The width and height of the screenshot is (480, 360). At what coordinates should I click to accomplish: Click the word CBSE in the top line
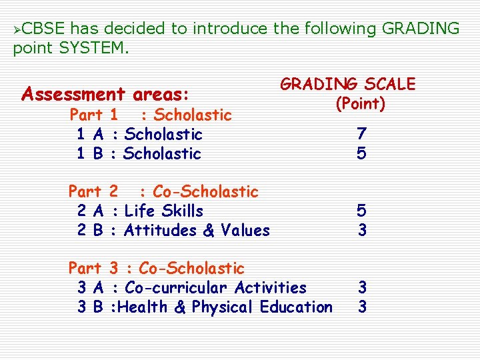45,29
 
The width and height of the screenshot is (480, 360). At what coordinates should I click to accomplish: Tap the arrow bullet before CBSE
18,29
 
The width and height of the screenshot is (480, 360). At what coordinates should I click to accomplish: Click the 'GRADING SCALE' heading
347,84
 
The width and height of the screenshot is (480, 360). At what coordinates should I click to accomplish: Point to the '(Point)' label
360,105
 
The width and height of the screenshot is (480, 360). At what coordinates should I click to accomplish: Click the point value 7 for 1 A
361,134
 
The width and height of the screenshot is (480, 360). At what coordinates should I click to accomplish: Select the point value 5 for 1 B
361,153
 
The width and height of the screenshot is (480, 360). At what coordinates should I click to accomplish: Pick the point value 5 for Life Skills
361,211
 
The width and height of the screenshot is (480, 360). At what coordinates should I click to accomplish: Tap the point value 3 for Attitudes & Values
361,230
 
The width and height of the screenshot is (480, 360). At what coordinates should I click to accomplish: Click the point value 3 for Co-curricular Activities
362,287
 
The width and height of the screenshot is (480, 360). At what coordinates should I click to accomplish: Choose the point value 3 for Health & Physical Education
362,307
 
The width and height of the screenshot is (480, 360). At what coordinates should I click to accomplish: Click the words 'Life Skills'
164,211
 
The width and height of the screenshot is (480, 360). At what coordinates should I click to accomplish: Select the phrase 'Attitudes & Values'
197,231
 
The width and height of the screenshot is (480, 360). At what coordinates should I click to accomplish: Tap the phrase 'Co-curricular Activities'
215,288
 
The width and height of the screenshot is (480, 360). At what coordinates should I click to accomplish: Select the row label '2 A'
89,211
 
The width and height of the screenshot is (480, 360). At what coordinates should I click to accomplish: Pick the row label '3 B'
90,307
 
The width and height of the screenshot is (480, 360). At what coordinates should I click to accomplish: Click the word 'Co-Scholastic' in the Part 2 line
205,192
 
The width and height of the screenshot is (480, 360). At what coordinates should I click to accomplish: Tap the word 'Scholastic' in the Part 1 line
193,115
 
